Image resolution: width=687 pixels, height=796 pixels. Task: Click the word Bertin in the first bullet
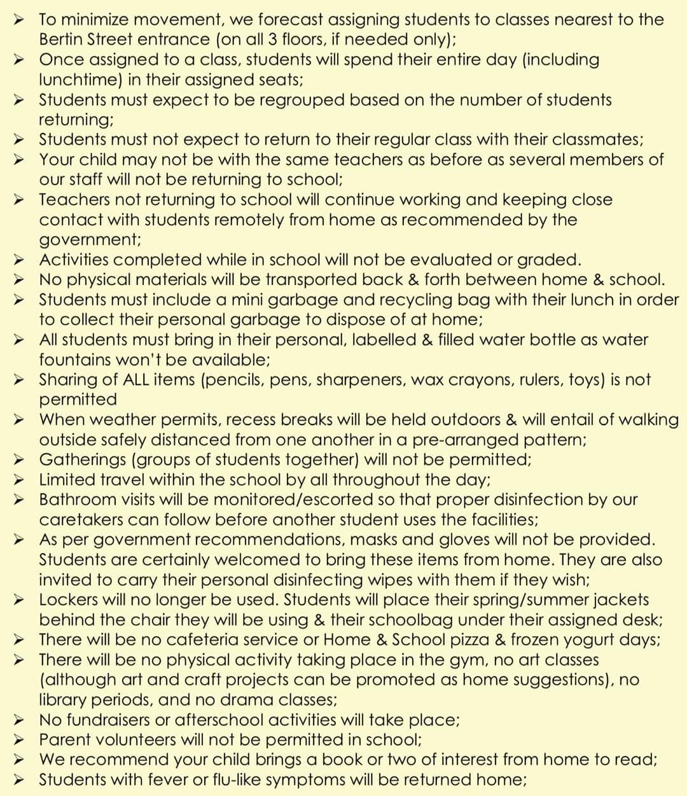coord(63,39)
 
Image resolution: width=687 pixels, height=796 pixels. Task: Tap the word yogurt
coord(591,639)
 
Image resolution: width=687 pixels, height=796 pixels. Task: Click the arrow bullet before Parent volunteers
coord(21,740)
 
